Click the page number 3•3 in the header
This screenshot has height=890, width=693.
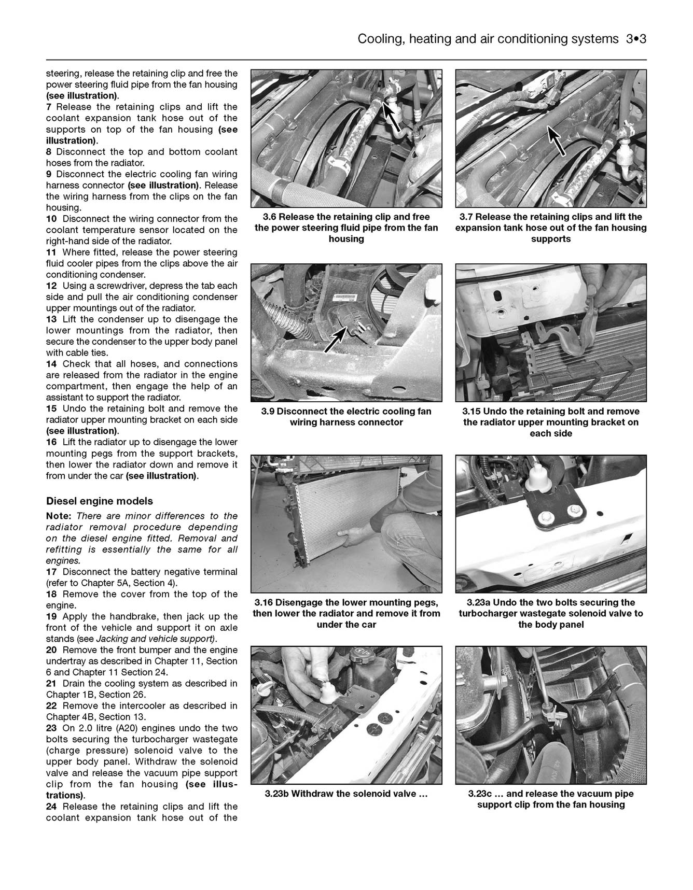pos(635,39)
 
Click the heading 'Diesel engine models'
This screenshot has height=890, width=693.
pos(100,501)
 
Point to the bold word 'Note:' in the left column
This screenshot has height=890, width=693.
pos(59,516)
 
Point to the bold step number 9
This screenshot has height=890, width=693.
pos(49,174)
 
